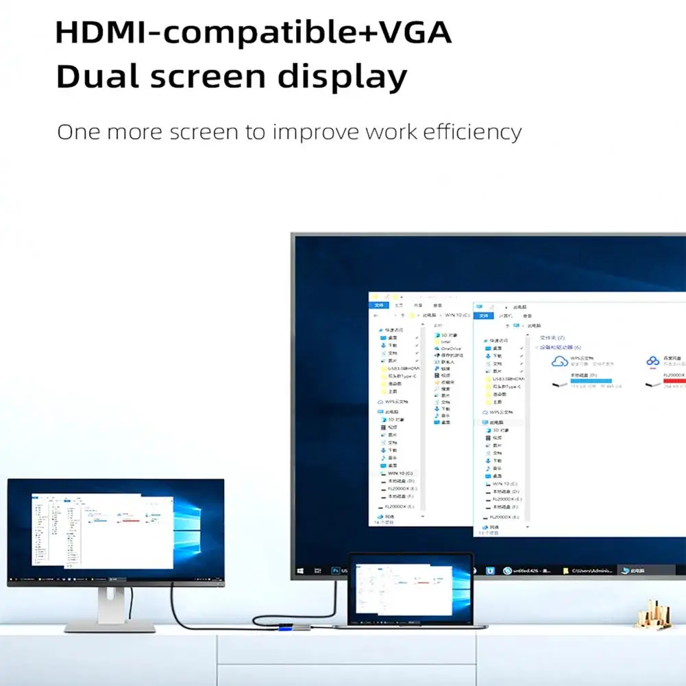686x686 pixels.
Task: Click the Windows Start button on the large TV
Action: (300, 570)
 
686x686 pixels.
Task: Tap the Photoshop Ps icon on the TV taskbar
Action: (336, 570)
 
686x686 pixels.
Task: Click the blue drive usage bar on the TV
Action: (591, 379)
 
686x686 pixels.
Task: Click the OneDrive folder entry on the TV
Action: (450, 348)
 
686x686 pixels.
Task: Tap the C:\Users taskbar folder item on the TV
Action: (589, 570)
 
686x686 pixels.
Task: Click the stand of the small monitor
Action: (110, 607)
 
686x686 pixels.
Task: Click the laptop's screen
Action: (410, 589)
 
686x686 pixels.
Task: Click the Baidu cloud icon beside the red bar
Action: (652, 362)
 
